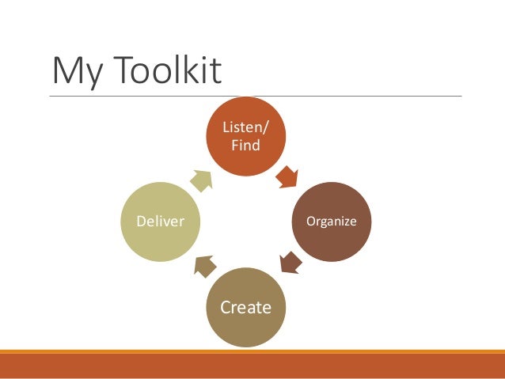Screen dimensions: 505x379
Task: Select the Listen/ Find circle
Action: (x=245, y=136)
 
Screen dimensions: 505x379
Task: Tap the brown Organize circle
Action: (x=332, y=222)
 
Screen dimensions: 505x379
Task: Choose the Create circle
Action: (x=245, y=307)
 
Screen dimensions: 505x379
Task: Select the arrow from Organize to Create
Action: (x=289, y=262)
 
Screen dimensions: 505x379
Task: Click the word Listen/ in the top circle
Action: (x=245, y=128)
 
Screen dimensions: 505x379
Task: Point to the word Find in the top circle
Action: (x=245, y=145)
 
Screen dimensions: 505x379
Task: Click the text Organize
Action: (x=332, y=222)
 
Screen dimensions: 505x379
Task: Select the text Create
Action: (x=245, y=307)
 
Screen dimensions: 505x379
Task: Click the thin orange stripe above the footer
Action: (x=252, y=351)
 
